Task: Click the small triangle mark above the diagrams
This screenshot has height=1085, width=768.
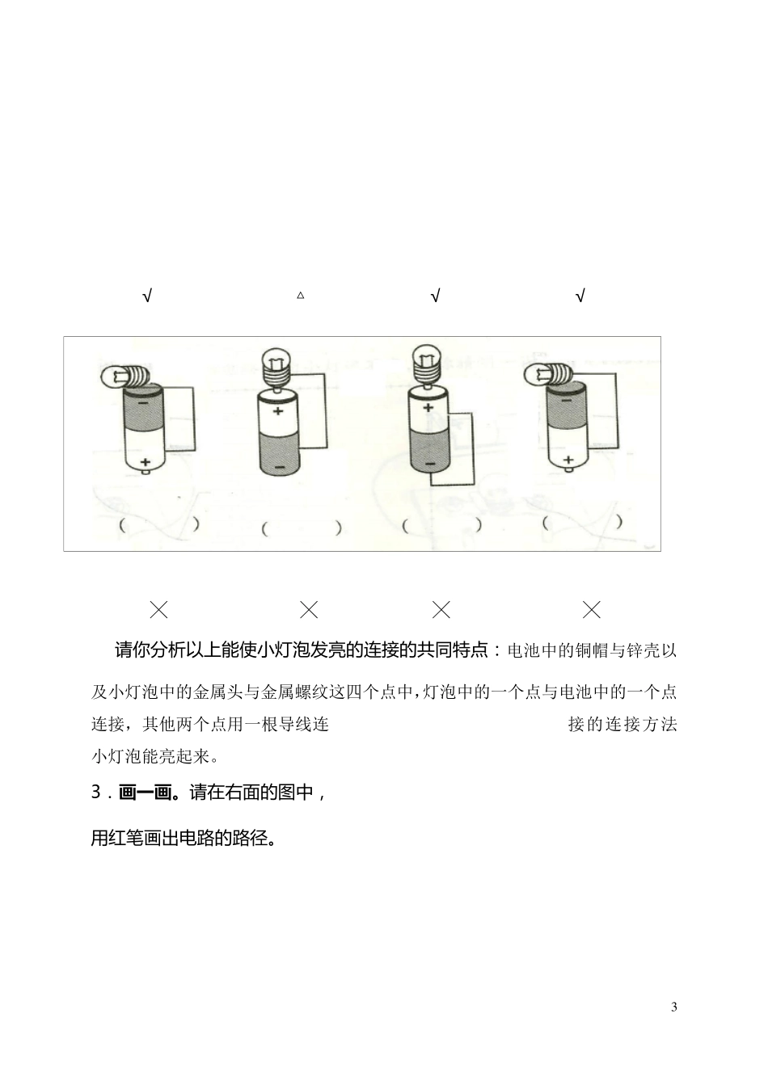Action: point(301,296)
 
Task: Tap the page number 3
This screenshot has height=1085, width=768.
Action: point(674,1007)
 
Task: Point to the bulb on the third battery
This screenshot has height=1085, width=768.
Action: point(427,363)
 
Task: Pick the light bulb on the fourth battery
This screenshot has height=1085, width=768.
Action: point(548,373)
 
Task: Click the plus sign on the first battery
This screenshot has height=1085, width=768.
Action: point(146,461)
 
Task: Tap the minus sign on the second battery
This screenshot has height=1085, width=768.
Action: point(279,468)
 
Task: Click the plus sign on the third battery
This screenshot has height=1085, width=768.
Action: point(428,406)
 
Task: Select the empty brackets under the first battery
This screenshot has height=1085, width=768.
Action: point(158,524)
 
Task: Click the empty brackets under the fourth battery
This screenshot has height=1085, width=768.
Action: point(583,523)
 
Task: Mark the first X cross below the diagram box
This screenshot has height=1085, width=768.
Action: point(159,609)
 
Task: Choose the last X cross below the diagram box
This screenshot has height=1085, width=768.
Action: point(592,609)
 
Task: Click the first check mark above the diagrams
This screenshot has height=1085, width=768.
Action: point(147,296)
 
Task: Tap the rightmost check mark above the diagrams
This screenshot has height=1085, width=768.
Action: point(580,296)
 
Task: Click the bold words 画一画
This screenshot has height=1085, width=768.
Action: point(146,793)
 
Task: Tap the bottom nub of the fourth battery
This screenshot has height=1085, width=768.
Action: point(568,469)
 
